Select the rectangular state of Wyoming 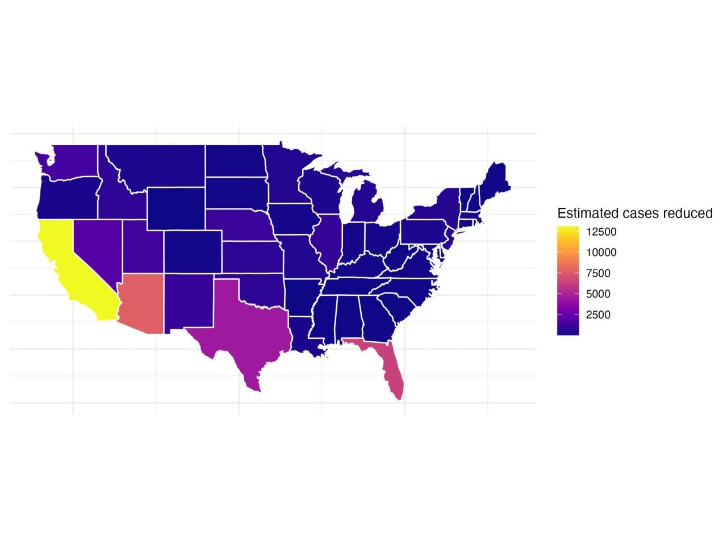(176, 208)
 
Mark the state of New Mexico (187, 301)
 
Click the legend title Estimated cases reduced (634, 213)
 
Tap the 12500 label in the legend (601, 232)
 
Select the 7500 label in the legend (598, 274)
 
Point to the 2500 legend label (598, 315)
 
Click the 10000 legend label (601, 253)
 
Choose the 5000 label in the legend (598, 294)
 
